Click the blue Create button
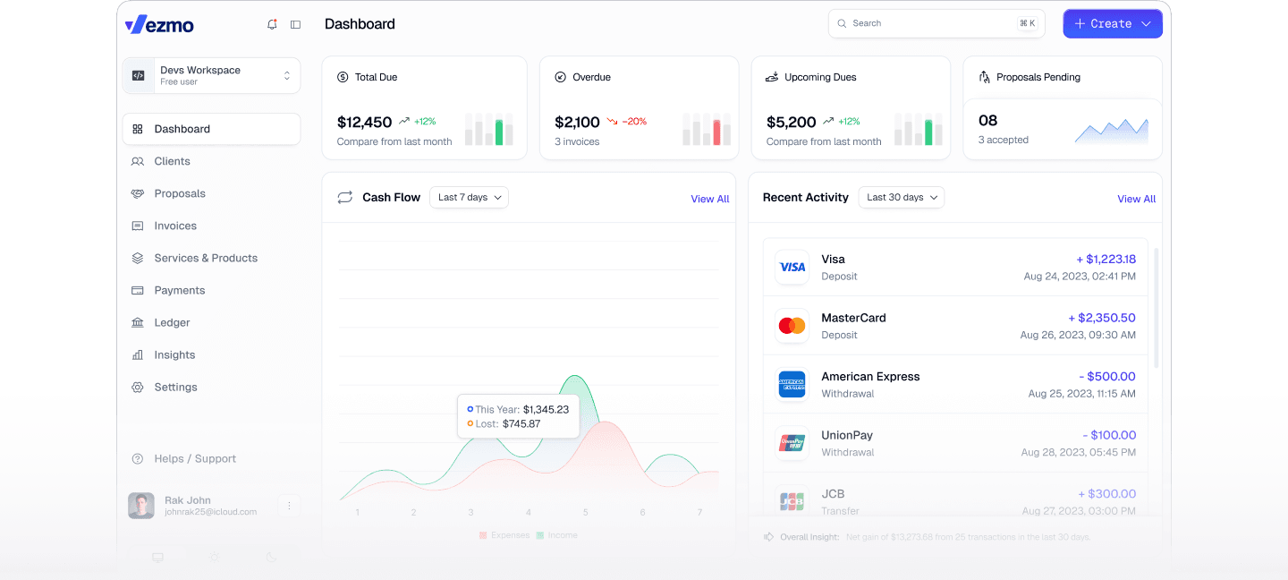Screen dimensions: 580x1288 pyautogui.click(x=1112, y=24)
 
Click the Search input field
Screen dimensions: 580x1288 pyautogui.click(x=930, y=23)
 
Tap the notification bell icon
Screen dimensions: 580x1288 pyautogui.click(x=272, y=24)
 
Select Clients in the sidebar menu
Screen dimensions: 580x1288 pyautogui.click(x=172, y=161)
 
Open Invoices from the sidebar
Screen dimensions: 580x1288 pyautogui.click(x=175, y=226)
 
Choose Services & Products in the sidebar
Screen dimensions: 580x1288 pyautogui.click(x=206, y=258)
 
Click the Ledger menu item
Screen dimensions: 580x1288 pyautogui.click(x=172, y=322)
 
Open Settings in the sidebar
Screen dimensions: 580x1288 pyautogui.click(x=175, y=387)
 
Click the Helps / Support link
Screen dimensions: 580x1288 pyautogui.click(x=195, y=458)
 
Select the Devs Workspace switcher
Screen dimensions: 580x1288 pyautogui.click(x=211, y=76)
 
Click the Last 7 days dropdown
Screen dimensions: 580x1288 pyautogui.click(x=469, y=197)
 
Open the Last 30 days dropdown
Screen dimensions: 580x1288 pyautogui.click(x=901, y=197)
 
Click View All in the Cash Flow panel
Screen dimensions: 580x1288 pyautogui.click(x=709, y=199)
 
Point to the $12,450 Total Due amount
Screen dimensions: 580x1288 pyautogui.click(x=364, y=122)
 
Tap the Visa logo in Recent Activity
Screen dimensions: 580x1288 pyautogui.click(x=792, y=267)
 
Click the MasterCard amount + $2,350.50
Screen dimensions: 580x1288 pyautogui.click(x=1102, y=318)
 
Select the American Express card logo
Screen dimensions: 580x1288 pyautogui.click(x=792, y=385)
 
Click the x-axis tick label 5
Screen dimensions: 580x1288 pyautogui.click(x=586, y=512)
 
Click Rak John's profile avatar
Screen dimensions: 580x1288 pyautogui.click(x=141, y=506)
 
